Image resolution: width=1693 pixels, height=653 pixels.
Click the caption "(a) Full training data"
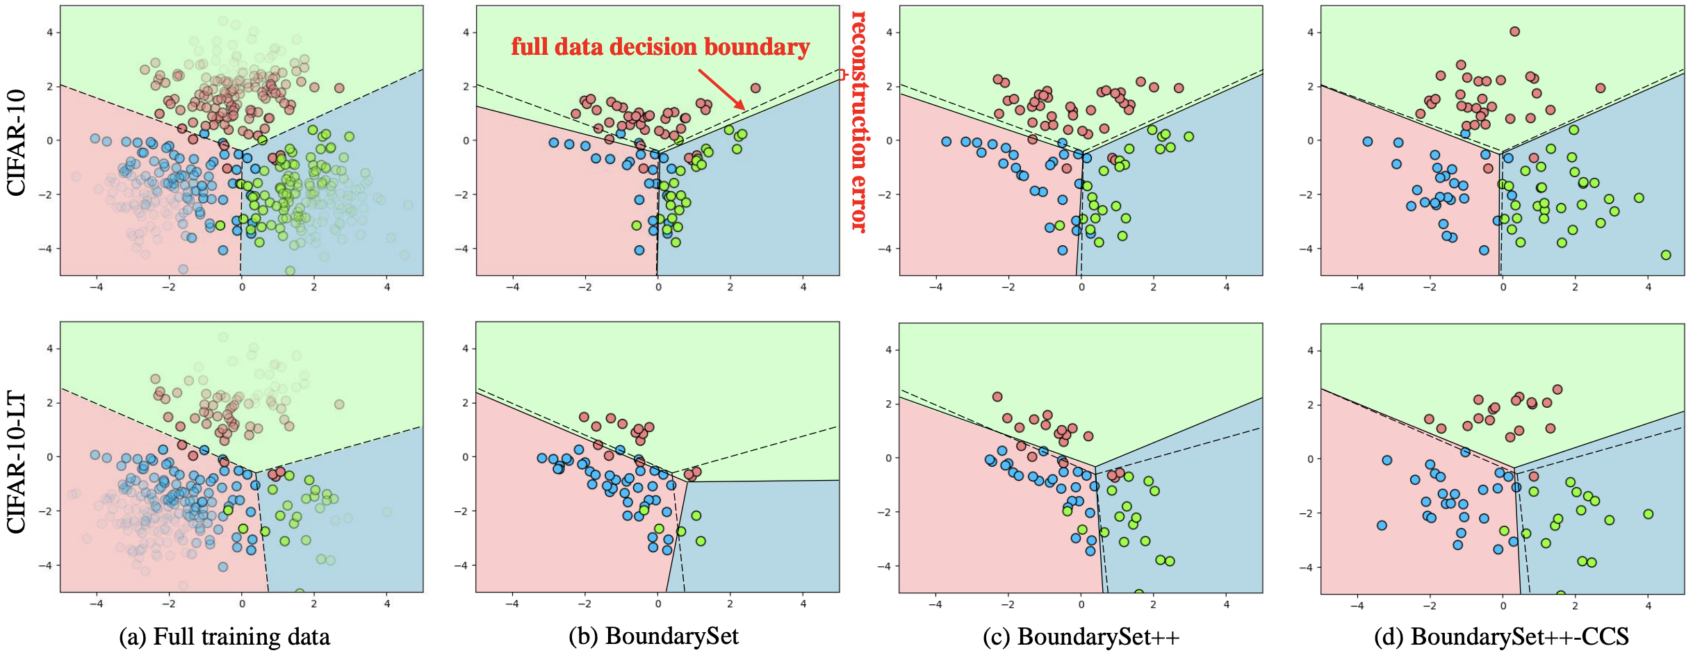coord(224,636)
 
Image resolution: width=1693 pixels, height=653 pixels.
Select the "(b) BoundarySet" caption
coord(653,636)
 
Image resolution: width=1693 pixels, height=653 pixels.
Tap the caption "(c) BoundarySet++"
coord(1081,636)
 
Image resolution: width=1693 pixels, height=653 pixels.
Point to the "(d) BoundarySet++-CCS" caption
coord(1501,636)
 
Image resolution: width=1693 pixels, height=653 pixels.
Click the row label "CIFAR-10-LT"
coord(16,463)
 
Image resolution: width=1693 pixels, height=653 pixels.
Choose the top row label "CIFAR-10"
coord(16,142)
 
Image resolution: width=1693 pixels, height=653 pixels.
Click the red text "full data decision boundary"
coord(660,47)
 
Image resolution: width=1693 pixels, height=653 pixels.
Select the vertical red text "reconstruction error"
coord(860,121)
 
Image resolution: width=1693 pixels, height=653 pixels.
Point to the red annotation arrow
coord(721,89)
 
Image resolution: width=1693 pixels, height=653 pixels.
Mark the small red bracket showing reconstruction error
coord(841,74)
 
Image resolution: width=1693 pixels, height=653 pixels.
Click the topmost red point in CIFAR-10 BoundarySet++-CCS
coord(1514,31)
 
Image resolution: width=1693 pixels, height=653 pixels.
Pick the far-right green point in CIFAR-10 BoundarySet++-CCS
coord(1665,255)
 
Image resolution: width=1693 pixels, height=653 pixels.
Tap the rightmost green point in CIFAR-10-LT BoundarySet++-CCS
coord(1648,514)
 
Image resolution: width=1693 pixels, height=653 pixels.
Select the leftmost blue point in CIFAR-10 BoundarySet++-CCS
coord(1368,142)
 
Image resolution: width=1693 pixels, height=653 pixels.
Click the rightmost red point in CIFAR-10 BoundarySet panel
coord(755,88)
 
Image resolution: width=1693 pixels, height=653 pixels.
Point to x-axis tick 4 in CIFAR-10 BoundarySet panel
coord(803,287)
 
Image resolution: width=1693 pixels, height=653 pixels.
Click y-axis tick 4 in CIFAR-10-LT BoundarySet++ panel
coord(888,350)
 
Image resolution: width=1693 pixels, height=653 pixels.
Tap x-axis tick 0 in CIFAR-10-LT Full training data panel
coord(242,604)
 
